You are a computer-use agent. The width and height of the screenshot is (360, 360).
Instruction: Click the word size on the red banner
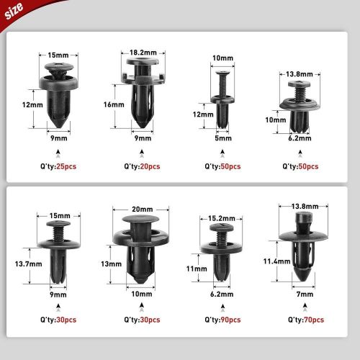tap(14, 11)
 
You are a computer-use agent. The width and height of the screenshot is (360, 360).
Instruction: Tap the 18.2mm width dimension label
tap(143, 53)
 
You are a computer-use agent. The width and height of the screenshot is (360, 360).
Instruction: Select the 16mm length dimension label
tap(114, 104)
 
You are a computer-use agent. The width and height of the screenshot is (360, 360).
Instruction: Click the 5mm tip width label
tap(223, 138)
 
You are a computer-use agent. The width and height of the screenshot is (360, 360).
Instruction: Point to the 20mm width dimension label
tap(143, 210)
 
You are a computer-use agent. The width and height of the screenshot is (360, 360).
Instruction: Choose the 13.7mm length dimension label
tap(28, 264)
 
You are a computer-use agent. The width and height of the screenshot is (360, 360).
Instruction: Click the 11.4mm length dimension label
tap(276, 261)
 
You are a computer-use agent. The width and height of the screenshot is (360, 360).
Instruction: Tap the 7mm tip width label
tap(305, 294)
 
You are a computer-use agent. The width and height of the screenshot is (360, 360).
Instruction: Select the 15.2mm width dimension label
tap(222, 218)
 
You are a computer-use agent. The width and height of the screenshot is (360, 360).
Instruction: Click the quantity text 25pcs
tap(66, 166)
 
